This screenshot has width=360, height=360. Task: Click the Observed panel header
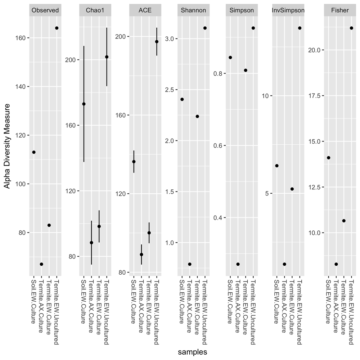click(x=45, y=10)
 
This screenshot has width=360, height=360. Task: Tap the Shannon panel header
click(x=193, y=10)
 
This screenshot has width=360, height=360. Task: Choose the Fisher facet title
click(x=340, y=10)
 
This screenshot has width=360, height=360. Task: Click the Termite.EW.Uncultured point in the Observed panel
click(x=57, y=28)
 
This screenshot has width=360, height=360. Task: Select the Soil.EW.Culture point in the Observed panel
click(x=34, y=152)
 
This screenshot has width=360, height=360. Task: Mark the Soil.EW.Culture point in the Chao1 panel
click(x=84, y=104)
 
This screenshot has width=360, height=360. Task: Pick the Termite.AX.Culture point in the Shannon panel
click(x=190, y=264)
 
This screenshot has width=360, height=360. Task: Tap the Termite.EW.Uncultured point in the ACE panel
click(x=157, y=42)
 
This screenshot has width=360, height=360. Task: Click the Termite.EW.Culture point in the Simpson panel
click(x=246, y=70)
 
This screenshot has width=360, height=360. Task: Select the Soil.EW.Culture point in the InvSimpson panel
click(x=277, y=166)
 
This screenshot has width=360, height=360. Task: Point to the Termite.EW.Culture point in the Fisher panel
click(x=344, y=221)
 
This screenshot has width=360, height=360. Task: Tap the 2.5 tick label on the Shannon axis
click(x=169, y=90)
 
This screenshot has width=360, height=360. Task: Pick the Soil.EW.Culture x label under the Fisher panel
click(x=328, y=302)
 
